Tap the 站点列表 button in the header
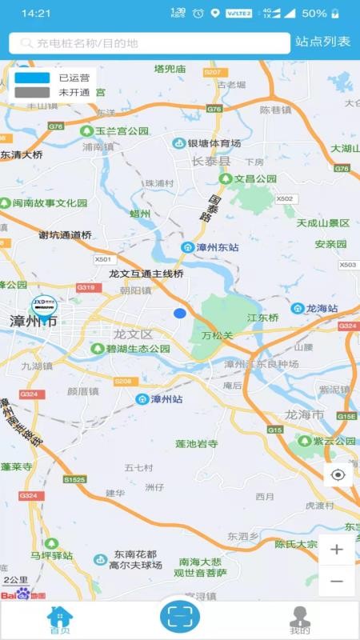point(322,42)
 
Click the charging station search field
point(150,43)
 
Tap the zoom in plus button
point(337,550)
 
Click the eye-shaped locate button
point(338,474)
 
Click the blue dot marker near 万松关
point(180,313)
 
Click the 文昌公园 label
point(255,178)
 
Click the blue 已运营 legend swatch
point(32,78)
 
